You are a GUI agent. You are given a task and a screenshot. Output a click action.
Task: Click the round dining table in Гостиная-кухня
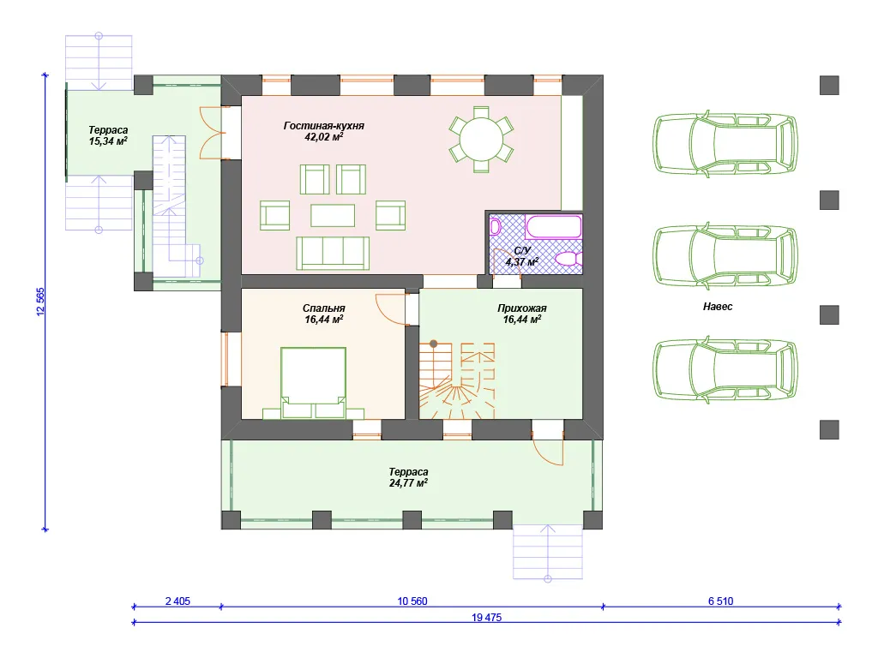point(481,138)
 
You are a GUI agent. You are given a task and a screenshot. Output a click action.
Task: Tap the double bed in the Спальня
point(313,383)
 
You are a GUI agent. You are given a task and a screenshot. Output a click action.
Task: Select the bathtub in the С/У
point(553,227)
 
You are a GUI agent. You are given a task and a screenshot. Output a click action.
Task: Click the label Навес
point(718,307)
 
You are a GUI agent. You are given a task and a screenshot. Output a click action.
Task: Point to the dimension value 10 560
point(412,601)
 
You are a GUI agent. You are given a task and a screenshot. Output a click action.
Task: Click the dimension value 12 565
point(40,302)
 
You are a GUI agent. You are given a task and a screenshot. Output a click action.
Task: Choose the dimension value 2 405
point(177,601)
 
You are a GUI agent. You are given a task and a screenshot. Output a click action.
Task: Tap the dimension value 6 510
point(720,601)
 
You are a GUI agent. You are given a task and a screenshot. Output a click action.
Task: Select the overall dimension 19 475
point(487,617)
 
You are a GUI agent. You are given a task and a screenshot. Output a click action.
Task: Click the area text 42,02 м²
point(323,136)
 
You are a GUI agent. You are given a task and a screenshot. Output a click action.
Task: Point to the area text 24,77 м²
point(408,483)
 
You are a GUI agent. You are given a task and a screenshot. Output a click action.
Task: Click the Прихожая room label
point(522,308)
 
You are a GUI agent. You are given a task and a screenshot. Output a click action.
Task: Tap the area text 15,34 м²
point(108,141)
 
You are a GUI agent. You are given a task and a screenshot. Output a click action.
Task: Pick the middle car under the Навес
point(725,257)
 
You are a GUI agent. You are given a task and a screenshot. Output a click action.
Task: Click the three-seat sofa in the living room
point(333,254)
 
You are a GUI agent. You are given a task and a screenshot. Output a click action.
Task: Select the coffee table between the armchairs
point(333,215)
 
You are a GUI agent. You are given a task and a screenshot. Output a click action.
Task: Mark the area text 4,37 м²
point(522,262)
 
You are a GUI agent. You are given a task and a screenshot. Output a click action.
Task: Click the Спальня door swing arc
point(390,308)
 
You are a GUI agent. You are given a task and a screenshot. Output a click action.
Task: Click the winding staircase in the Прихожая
point(457,380)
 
